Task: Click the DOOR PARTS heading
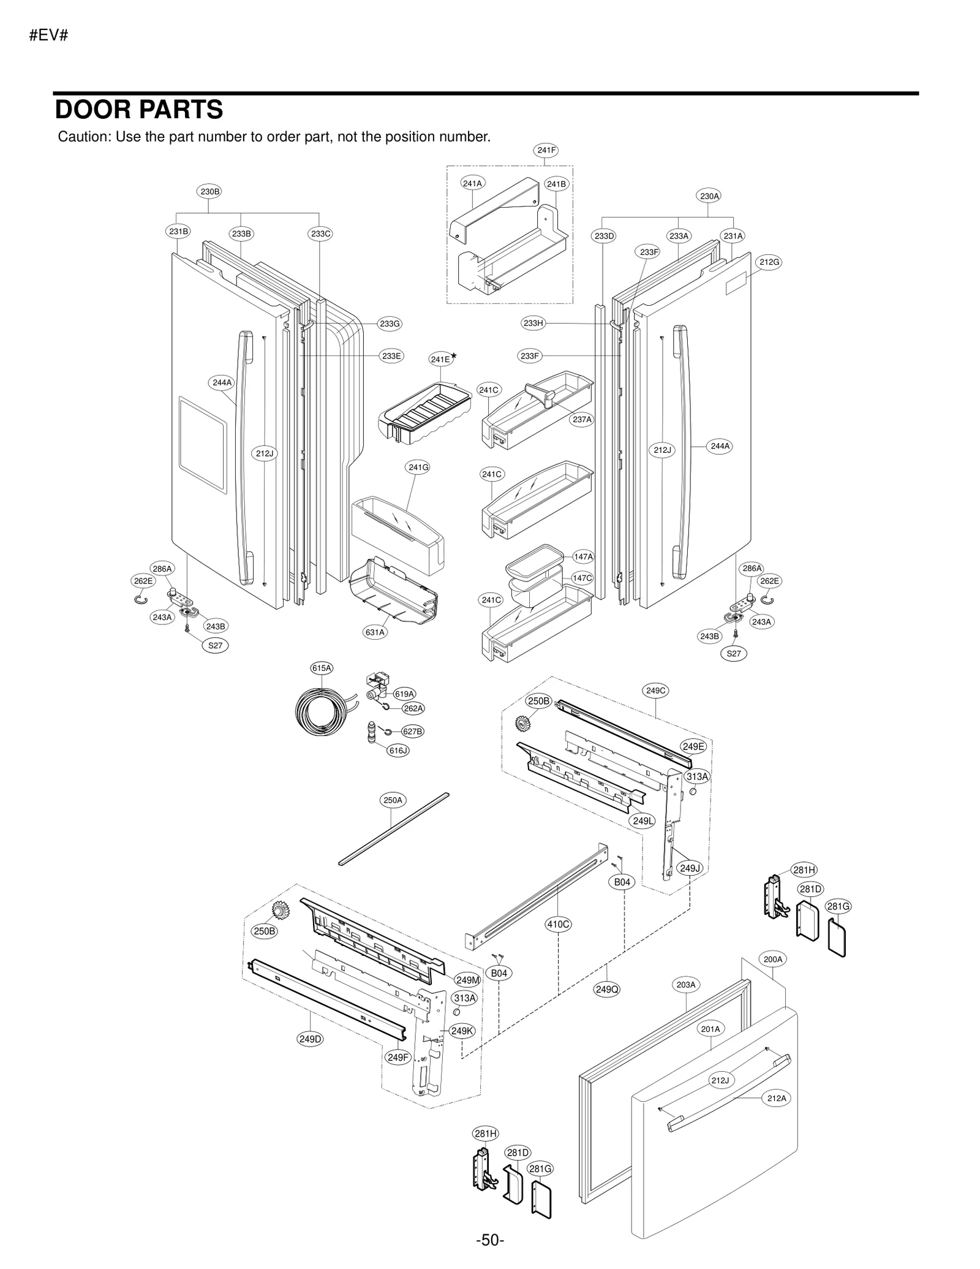(x=139, y=110)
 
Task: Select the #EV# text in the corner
(x=48, y=36)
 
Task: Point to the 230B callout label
(x=209, y=191)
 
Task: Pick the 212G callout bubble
(x=769, y=262)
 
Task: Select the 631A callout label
(x=375, y=632)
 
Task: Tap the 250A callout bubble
(x=393, y=800)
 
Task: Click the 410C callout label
(x=558, y=924)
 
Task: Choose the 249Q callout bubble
(x=607, y=989)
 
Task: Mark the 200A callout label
(x=772, y=959)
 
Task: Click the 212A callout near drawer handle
(x=776, y=1098)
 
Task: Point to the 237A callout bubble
(x=582, y=420)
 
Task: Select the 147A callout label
(x=583, y=556)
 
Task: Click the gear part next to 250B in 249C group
(x=522, y=723)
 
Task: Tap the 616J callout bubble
(x=398, y=750)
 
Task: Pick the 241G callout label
(x=418, y=468)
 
